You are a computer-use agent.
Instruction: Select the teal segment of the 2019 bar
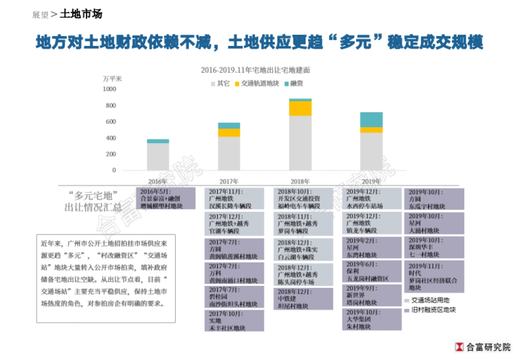(371, 120)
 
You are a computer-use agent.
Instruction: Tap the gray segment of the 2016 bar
(158, 156)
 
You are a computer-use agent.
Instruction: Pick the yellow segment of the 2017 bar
(229, 133)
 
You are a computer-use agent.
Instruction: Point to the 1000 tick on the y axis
(110, 89)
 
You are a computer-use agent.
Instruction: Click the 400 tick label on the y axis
(111, 138)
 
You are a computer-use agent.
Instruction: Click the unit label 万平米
(112, 79)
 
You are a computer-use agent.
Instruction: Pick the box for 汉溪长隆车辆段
(234, 199)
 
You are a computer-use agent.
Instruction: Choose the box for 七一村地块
(434, 247)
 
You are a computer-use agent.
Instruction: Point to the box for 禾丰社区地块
(234, 321)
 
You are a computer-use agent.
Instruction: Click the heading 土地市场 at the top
(81, 14)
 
